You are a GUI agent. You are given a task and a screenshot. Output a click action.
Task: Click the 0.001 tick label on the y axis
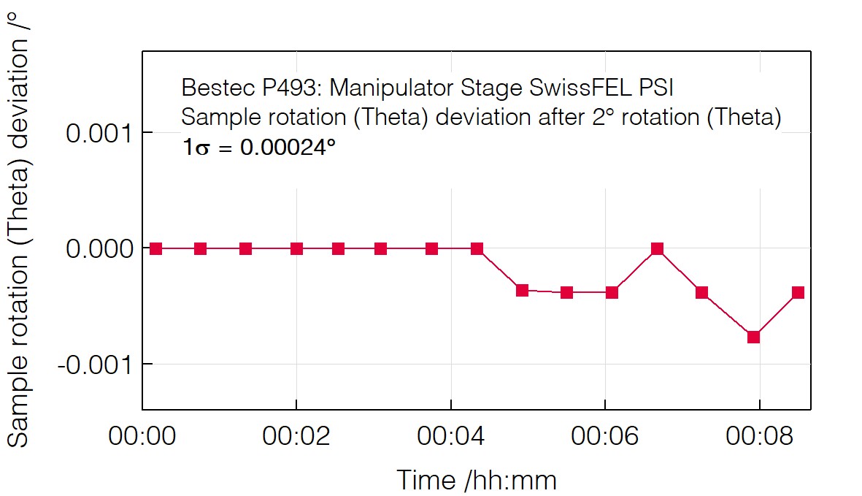point(99,134)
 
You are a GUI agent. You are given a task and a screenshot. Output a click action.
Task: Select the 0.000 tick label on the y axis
point(99,249)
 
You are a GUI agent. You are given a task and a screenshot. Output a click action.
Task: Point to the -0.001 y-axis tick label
point(95,365)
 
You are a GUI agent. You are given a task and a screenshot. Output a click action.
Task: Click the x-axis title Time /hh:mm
point(476,480)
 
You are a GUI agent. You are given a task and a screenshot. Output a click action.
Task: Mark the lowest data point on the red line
point(754,337)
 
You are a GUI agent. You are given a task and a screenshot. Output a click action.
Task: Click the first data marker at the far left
point(155,248)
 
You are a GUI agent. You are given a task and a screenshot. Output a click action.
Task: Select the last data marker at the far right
point(798,292)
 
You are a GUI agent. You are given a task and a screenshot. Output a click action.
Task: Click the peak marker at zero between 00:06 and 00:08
point(657,248)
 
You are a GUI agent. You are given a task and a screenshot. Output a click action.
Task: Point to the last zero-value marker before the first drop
point(477,248)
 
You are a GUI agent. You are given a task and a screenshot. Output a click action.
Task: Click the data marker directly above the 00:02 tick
point(296,248)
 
